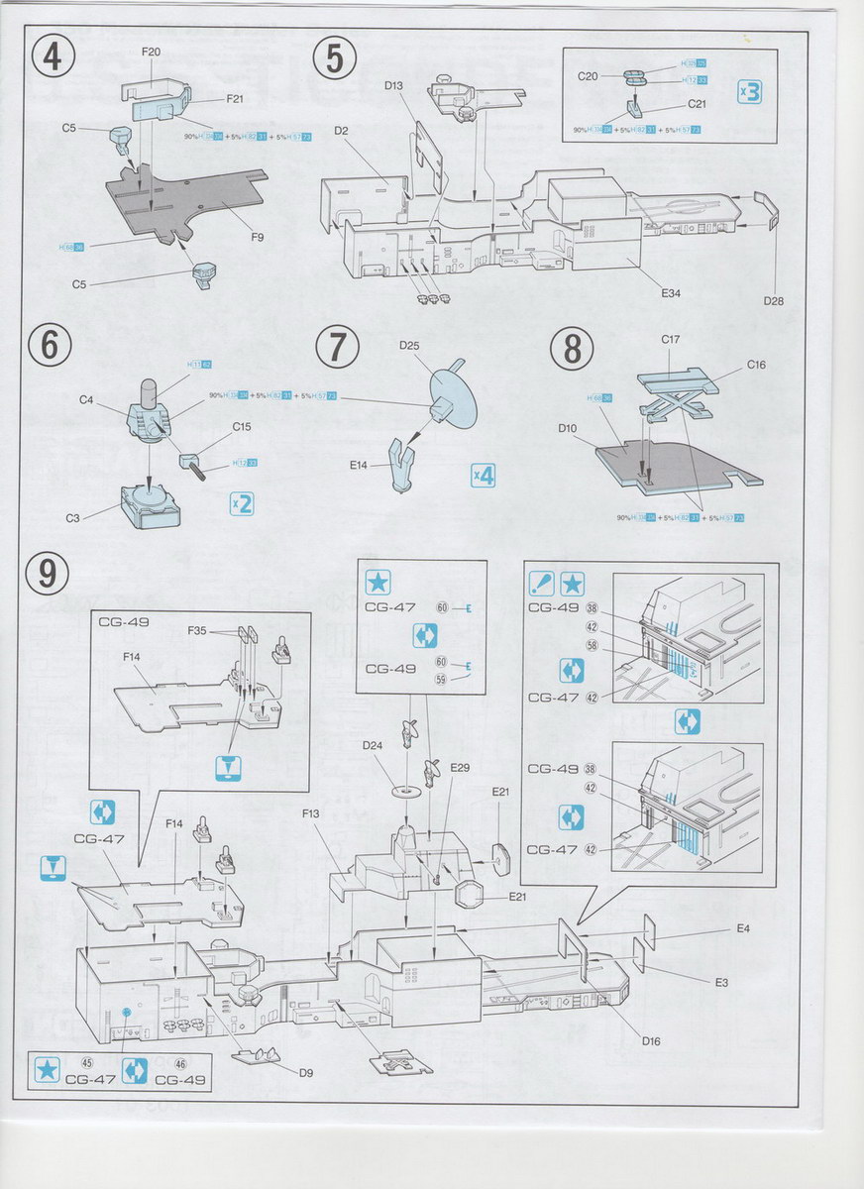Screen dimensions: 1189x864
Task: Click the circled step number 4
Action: (x=53, y=57)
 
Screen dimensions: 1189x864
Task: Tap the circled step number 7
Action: (x=336, y=348)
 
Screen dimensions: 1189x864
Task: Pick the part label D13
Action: (x=393, y=87)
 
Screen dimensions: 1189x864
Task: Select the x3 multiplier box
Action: (x=749, y=94)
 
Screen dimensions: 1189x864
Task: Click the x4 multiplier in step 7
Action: (x=483, y=476)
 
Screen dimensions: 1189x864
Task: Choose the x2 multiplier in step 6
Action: (x=242, y=502)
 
